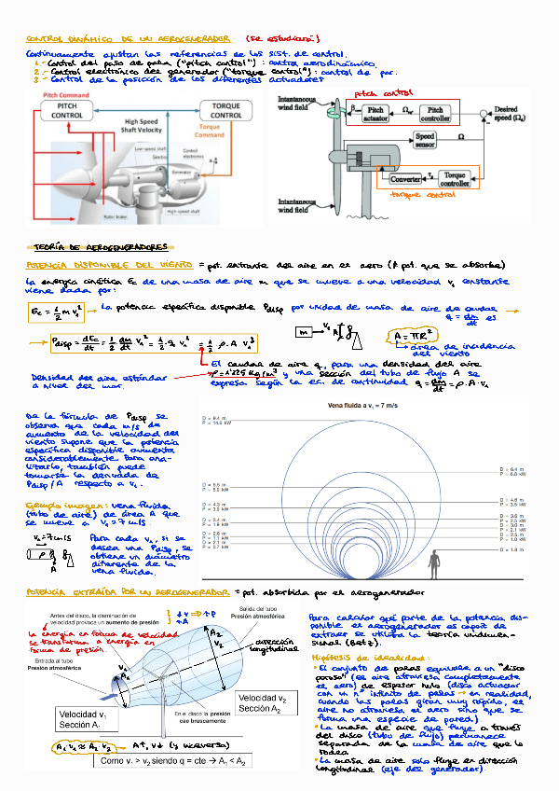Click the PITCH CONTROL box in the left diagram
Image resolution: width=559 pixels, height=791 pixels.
point(66,111)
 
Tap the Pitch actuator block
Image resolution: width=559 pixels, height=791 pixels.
point(375,114)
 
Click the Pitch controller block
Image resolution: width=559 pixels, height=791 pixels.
point(434,114)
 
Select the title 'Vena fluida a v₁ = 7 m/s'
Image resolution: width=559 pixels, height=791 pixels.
point(365,408)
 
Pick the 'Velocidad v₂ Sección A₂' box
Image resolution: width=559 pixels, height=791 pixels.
point(263,703)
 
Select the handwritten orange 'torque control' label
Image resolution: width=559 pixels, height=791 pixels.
point(416,195)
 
